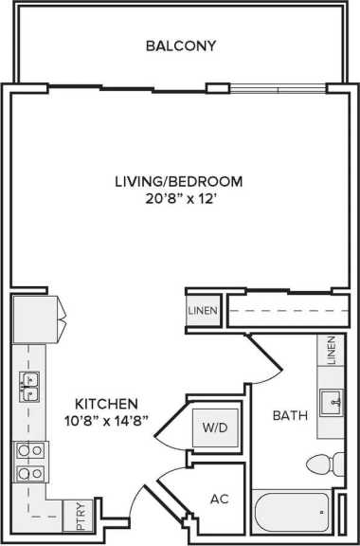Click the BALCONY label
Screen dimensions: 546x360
tap(182, 45)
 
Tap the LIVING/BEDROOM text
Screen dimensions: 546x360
tap(179, 181)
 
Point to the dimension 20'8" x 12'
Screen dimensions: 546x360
tap(179, 199)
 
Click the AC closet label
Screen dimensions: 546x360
tap(219, 499)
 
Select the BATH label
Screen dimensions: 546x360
tap(287, 415)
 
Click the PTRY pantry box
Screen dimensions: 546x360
tap(74, 517)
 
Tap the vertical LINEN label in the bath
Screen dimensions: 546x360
tap(332, 350)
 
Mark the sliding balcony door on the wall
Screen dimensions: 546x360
tap(276, 91)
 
